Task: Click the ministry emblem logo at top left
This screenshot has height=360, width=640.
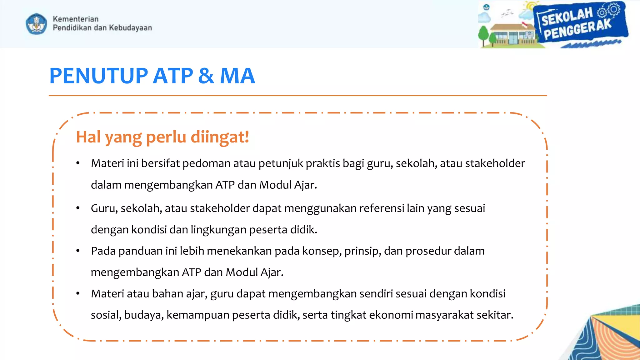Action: coord(37,24)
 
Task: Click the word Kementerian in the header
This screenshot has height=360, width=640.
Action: coord(76,19)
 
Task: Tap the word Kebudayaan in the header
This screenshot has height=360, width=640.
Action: coord(130,28)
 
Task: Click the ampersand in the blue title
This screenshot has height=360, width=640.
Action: coord(206,76)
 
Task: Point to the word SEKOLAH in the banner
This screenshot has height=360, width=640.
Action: coord(567,17)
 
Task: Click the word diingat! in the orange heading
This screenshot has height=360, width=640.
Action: coord(220,137)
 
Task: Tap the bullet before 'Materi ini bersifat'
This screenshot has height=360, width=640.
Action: coord(78,163)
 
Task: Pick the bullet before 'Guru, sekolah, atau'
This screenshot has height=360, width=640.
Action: coord(78,208)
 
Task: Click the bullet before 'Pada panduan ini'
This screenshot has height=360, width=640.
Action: coord(78,251)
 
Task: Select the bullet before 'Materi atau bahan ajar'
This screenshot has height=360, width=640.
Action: coord(78,294)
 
